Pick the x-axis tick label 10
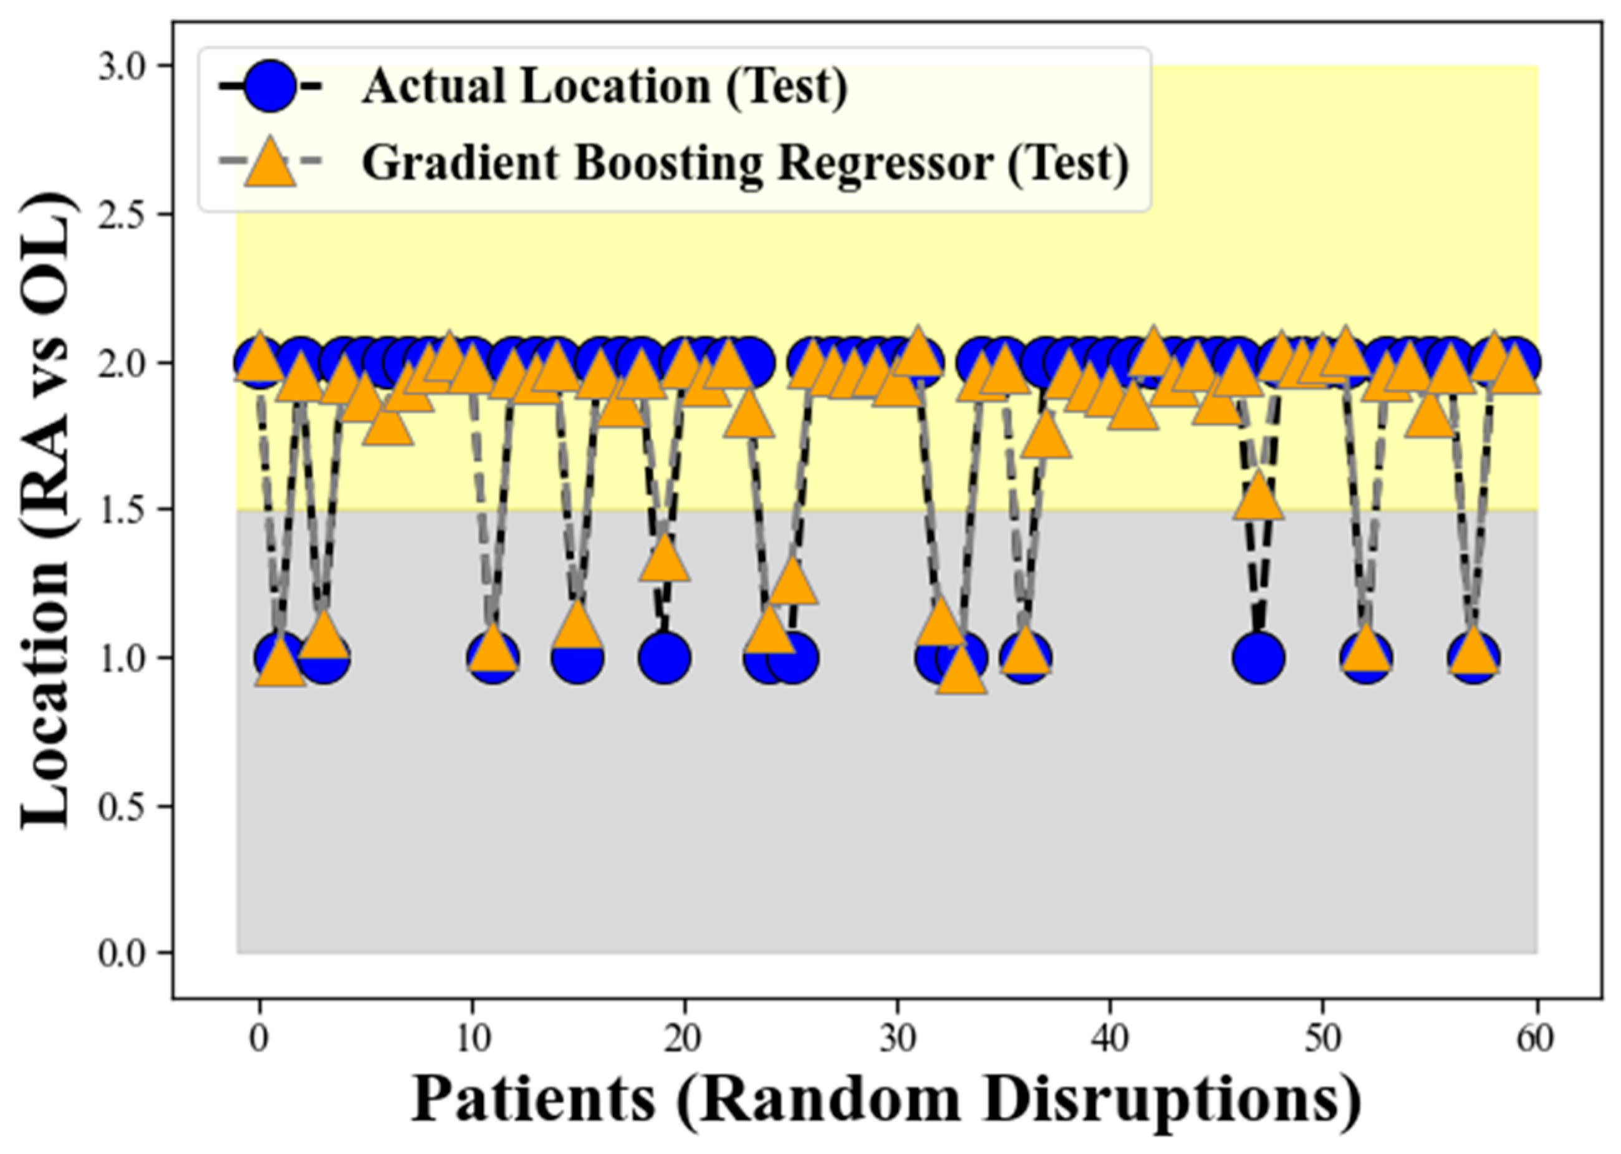[471, 1039]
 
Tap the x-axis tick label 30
[897, 1039]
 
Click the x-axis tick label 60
[1535, 1039]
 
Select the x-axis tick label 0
[259, 1039]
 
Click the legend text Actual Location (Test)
[605, 87]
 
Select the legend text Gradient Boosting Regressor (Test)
[746, 163]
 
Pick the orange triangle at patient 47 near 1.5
[1259, 498]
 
